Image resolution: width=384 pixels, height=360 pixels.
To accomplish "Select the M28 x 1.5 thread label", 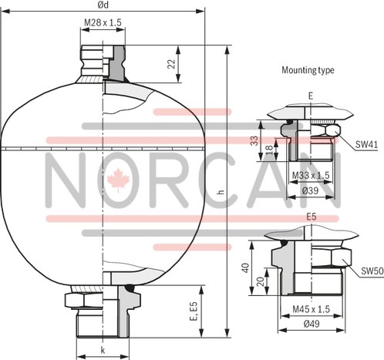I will [102, 24].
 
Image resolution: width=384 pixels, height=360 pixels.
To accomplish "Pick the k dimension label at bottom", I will [102, 350].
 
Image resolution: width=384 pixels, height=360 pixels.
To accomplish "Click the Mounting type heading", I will [307, 69].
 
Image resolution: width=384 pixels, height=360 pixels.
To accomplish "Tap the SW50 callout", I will [372, 271].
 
